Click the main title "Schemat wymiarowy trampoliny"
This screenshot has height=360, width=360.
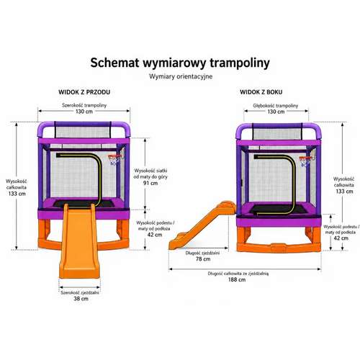(180, 63)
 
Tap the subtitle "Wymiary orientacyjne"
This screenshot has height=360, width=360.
(181, 76)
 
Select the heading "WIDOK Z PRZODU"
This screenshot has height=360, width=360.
(84, 92)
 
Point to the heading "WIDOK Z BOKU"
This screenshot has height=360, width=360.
(261, 92)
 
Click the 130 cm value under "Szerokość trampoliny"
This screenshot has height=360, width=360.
(84, 112)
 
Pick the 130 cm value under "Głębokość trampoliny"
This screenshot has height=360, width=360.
(276, 112)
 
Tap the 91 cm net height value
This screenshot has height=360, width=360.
(150, 183)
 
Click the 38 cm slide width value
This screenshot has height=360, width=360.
(81, 299)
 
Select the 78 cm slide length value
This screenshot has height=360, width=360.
(203, 259)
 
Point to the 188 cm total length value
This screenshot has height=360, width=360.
(237, 279)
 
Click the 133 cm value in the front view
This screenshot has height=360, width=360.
(17, 194)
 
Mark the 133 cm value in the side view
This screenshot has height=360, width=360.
(344, 192)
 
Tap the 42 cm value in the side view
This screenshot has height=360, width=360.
(341, 238)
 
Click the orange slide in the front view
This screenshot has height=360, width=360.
(79, 240)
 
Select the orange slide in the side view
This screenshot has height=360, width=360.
(202, 225)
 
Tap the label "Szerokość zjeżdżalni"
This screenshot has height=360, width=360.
(80, 292)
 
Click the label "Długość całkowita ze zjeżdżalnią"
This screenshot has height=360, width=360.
(238, 274)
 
